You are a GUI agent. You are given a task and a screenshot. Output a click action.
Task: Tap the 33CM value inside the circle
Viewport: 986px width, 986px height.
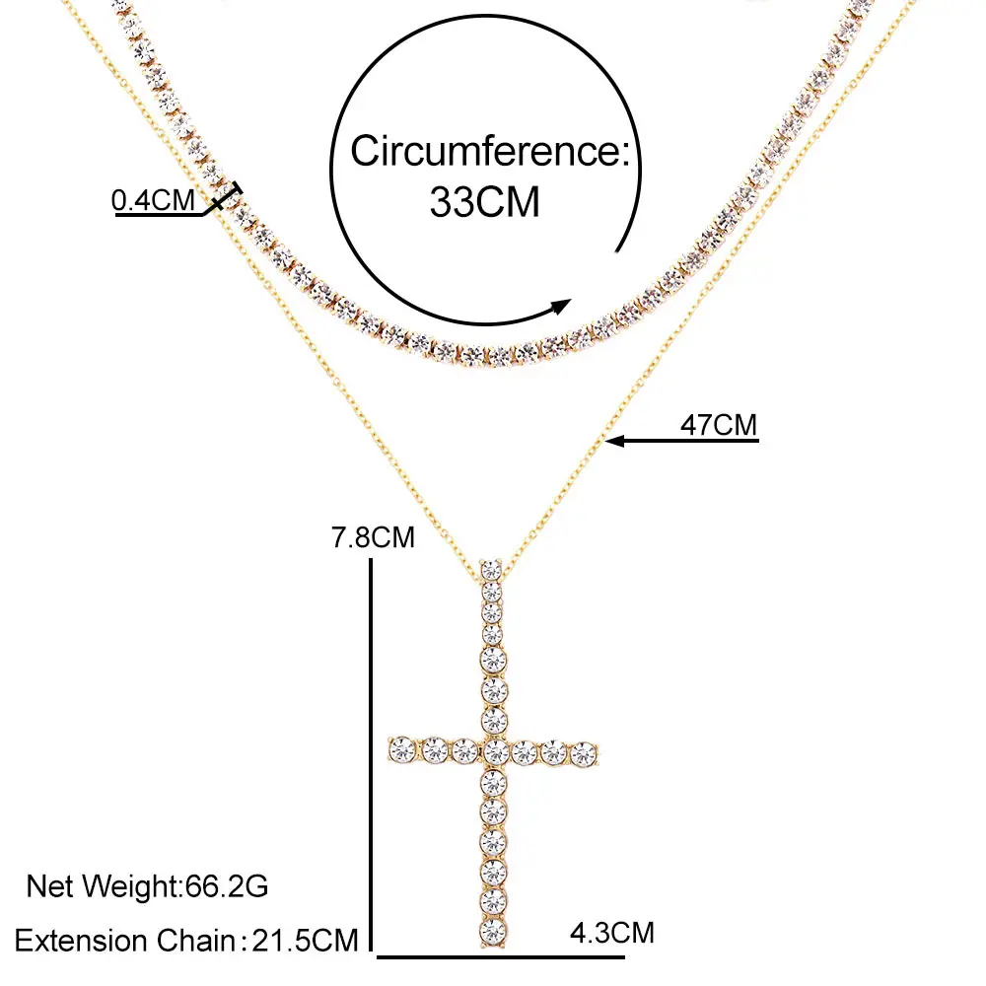pos(485,202)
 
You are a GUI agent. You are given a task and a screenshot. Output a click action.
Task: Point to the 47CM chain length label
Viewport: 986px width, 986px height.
pos(719,425)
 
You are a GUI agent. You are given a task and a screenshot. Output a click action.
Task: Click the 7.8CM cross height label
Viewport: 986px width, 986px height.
pos(374,538)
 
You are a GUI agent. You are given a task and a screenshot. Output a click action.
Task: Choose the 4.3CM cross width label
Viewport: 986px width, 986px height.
pos(611,931)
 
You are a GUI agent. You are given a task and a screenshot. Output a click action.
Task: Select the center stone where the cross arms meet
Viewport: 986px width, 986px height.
pos(494,753)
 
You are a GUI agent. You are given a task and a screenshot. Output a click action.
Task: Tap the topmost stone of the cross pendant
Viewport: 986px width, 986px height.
pos(490,569)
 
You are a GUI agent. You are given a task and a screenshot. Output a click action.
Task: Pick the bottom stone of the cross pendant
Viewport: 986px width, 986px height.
pos(492,930)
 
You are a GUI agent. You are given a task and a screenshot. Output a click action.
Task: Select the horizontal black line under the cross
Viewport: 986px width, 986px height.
pos(501,955)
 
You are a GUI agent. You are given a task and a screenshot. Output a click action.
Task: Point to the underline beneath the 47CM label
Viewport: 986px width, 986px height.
pos(690,441)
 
